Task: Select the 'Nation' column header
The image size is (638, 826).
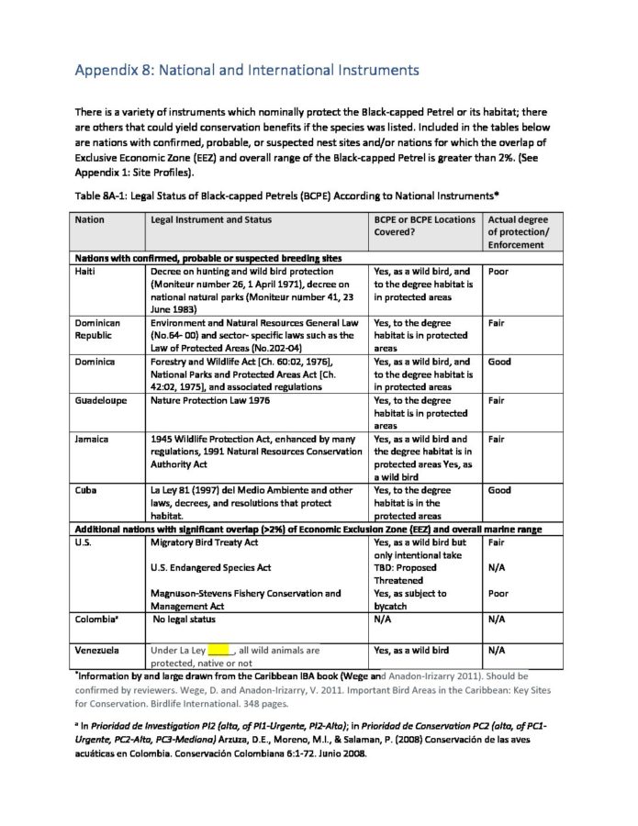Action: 90,220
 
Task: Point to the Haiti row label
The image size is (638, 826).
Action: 89,272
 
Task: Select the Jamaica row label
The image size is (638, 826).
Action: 92,440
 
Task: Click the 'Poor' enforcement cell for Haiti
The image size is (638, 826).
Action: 498,272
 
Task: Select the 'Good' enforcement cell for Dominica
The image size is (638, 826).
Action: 499,363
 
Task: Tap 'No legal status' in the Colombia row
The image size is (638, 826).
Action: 188,619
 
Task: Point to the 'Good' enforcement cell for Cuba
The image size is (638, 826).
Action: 499,491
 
